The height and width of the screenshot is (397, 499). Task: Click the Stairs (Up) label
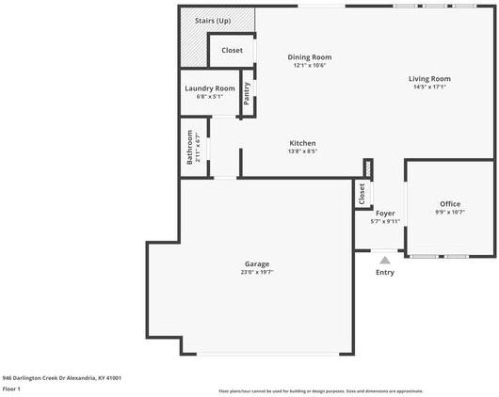(212, 21)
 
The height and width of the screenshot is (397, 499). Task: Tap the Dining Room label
(310, 57)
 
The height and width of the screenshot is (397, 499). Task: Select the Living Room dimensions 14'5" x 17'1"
(429, 87)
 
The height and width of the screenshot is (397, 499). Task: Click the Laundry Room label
(209, 87)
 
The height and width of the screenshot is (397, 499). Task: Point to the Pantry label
(247, 92)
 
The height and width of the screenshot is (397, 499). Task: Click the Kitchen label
(302, 143)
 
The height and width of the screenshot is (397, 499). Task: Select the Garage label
(257, 263)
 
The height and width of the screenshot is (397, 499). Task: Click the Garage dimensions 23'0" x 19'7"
(257, 273)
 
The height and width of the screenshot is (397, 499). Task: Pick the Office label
(450, 204)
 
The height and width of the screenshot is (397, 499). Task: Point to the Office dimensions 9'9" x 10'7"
(450, 213)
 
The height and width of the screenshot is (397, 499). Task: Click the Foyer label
(385, 214)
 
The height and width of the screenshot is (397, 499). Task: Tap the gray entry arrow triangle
(384, 260)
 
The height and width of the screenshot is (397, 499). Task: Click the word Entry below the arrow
(385, 273)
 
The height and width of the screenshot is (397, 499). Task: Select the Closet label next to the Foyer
(362, 193)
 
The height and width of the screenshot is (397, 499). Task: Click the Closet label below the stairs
(232, 50)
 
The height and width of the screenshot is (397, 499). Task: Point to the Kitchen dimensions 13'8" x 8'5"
(302, 151)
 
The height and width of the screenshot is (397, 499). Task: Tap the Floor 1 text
(12, 388)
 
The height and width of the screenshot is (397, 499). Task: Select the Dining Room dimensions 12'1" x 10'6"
(310, 66)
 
